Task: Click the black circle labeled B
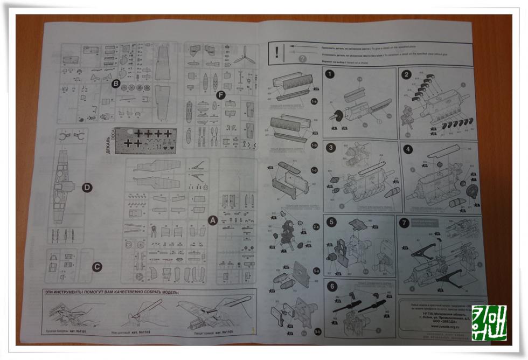[115, 84]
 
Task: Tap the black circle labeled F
[219, 95]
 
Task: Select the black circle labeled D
[86, 187]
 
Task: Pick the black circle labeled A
[212, 220]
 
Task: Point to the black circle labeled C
[96, 266]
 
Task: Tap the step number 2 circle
[406, 75]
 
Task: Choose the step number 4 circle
[408, 149]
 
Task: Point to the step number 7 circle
[405, 222]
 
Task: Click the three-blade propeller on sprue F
[245, 55]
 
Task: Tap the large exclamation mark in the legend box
[276, 52]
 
